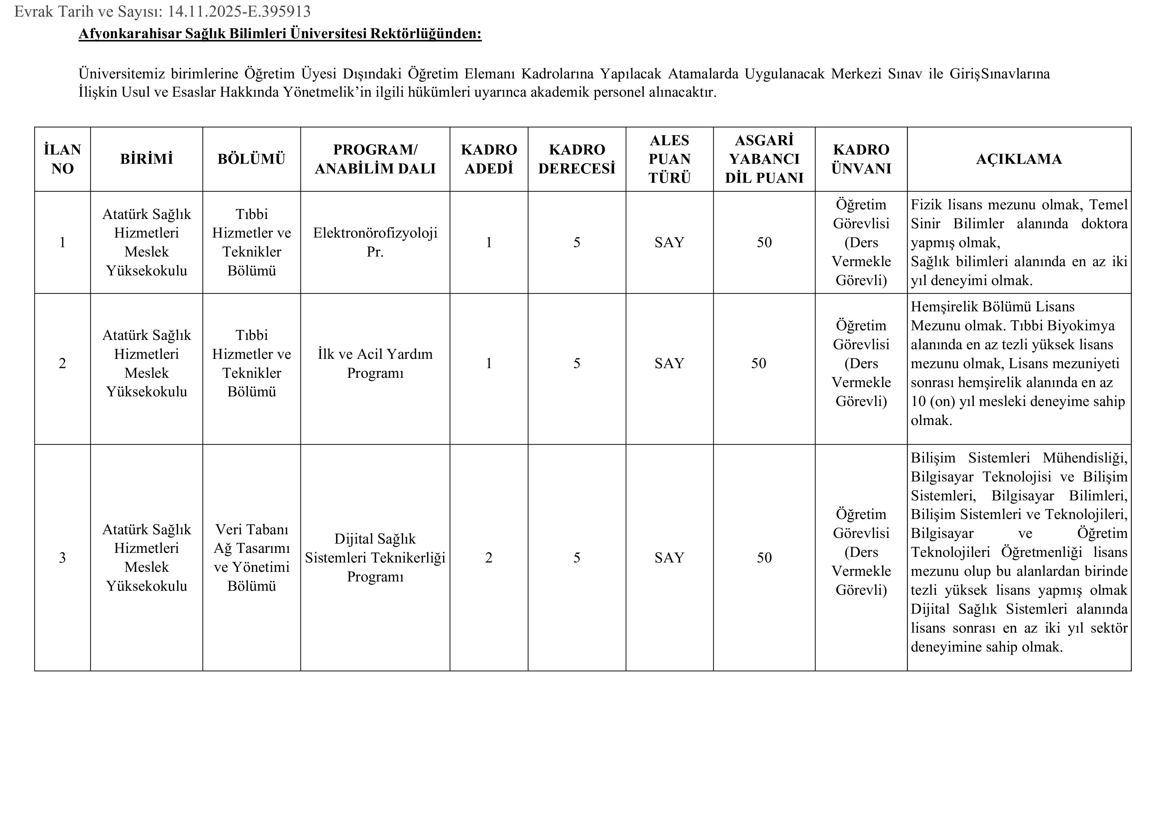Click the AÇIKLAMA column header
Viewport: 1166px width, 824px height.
1019,159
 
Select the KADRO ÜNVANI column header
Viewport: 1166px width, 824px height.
861,159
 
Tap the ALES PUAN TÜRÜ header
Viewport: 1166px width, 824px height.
669,159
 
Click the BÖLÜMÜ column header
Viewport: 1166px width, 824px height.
251,159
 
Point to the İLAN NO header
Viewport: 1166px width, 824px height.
62,159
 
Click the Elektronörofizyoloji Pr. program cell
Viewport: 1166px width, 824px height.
375,242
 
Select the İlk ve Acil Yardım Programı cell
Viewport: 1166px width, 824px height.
375,363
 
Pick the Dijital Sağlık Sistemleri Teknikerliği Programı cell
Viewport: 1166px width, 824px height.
375,558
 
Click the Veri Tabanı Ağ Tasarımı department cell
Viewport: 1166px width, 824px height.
251,558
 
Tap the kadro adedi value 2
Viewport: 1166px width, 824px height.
489,558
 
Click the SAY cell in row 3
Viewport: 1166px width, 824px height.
669,558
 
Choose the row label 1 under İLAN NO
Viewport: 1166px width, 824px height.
62,242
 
